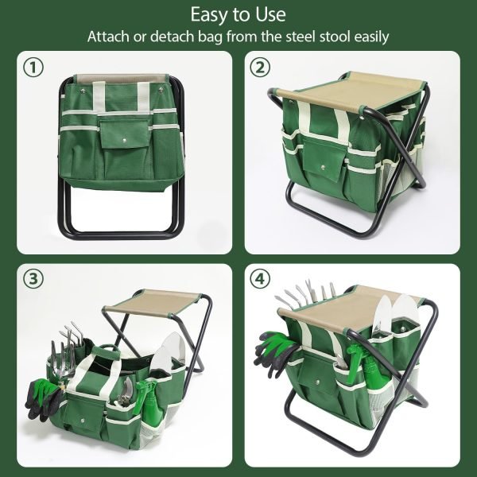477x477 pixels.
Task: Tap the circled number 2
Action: click(x=259, y=68)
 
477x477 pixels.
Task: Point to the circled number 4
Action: click(x=259, y=281)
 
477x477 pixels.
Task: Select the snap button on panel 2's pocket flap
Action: click(x=326, y=168)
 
